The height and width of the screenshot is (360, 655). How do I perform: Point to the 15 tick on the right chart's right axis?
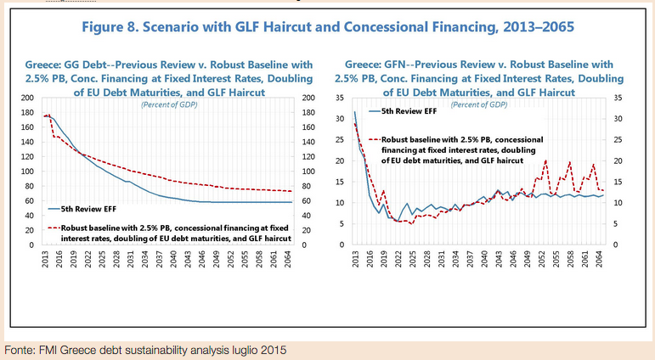(x=618, y=182)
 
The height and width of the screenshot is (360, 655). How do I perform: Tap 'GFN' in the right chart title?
(x=402, y=65)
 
